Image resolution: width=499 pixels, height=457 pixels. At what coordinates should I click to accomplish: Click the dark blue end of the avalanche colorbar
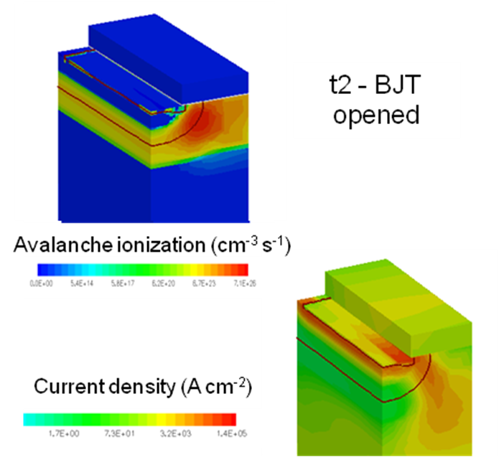click(42, 270)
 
